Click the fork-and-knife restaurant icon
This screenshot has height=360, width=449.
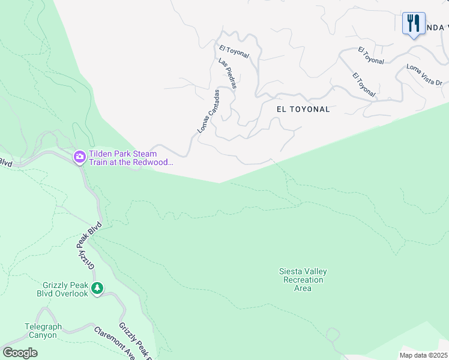click(414, 23)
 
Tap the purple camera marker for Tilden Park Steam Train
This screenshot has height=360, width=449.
click(79, 157)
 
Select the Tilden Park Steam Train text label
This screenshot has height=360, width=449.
click(131, 158)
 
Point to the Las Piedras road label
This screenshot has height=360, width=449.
click(228, 74)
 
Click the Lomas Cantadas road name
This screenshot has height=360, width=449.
click(209, 112)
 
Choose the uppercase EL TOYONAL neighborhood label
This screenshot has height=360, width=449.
click(303, 109)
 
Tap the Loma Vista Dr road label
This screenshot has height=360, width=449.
click(424, 74)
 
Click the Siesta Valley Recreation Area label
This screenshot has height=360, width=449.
click(303, 280)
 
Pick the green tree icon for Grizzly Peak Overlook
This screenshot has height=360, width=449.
click(97, 289)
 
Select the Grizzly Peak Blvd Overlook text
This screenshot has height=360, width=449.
click(65, 289)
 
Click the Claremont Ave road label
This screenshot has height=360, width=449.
click(114, 342)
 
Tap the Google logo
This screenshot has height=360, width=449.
click(20, 353)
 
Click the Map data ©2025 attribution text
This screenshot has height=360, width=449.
click(423, 355)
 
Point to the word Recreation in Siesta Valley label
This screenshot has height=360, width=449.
click(303, 280)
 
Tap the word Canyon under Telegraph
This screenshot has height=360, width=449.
click(41, 335)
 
